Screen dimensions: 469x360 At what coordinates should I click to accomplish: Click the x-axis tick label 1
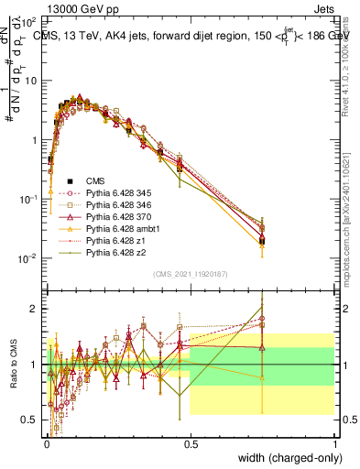point(335,442)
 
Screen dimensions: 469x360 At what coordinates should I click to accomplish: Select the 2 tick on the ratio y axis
point(34,309)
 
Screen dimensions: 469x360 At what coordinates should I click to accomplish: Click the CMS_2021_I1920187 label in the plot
point(190,274)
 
